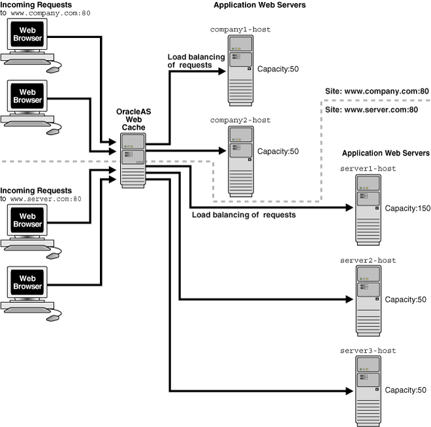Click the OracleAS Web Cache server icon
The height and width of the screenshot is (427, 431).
tap(133, 161)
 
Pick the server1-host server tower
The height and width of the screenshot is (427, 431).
tap(368, 209)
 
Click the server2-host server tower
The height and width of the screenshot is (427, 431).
tap(368, 300)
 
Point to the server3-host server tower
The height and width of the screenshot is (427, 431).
tap(368, 391)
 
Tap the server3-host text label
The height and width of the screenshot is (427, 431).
tap(368, 351)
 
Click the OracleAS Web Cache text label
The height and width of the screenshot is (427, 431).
tap(134, 120)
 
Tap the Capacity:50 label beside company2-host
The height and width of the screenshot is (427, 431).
tap(278, 152)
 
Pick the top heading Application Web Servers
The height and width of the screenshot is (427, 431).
tap(259, 5)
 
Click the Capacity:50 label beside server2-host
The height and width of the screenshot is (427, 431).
tap(406, 299)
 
